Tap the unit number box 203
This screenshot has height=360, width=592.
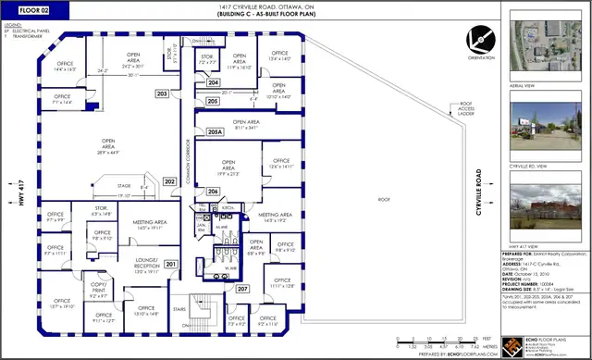pyautogui.click(x=162, y=94)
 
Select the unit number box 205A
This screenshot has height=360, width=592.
pyautogui.click(x=215, y=132)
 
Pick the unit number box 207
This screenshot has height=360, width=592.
pyautogui.click(x=241, y=289)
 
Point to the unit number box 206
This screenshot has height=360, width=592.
pyautogui.click(x=213, y=191)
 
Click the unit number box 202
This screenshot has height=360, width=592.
pyautogui.click(x=169, y=181)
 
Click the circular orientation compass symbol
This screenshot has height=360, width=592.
pyautogui.click(x=479, y=40)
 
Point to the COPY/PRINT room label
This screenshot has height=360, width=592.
pyautogui.click(x=97, y=292)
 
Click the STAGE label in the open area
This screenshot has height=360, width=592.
pyautogui.click(x=123, y=185)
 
